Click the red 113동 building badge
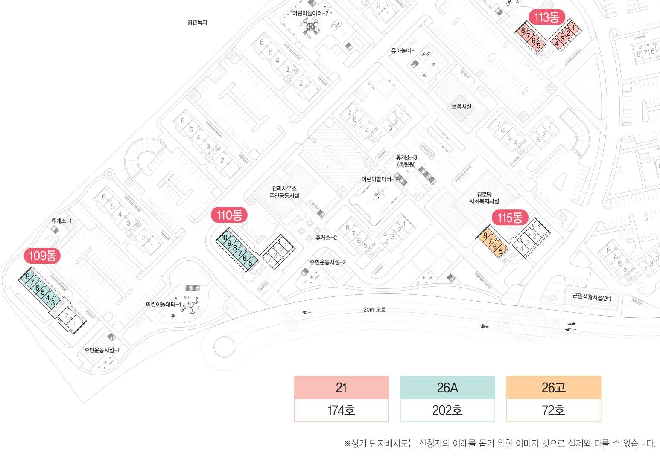(x=547, y=17)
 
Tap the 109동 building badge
(x=42, y=256)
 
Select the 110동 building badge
(x=229, y=215)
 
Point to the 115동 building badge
(x=510, y=218)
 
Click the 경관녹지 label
(x=197, y=23)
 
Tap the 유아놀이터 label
(x=403, y=51)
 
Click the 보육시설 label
(x=461, y=106)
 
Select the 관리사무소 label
(x=284, y=188)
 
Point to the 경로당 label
(x=484, y=195)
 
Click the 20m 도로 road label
(x=374, y=310)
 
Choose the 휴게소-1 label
(x=61, y=221)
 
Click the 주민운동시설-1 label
(x=102, y=350)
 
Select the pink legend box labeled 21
(x=341, y=387)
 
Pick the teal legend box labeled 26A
(x=447, y=387)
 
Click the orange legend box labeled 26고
(x=553, y=387)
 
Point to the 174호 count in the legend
(x=341, y=410)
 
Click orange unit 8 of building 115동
(x=485, y=235)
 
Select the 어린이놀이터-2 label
(x=310, y=13)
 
